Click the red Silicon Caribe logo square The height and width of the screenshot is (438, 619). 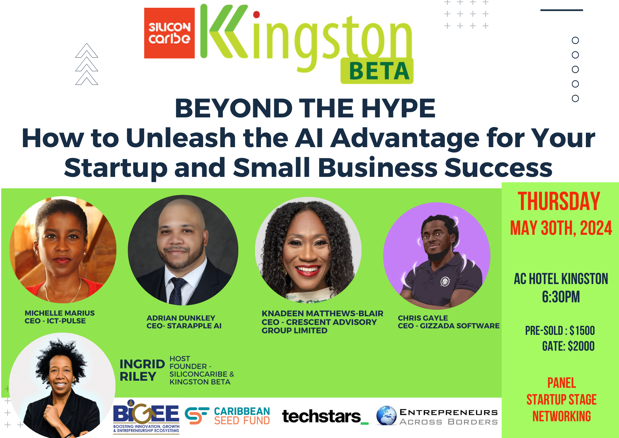click(169, 33)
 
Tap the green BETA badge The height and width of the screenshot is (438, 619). click(377, 71)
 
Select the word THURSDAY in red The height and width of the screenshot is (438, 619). click(559, 201)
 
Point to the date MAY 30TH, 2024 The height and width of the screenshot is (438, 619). click(561, 228)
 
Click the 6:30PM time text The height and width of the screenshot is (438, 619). click(561, 297)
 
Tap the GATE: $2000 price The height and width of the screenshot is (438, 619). click(568, 346)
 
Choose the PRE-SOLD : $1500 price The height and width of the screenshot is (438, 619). click(560, 331)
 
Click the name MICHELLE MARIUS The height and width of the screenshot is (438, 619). click(60, 313)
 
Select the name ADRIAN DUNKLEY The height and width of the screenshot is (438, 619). click(181, 318)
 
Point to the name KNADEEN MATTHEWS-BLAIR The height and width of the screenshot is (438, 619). click(322, 313)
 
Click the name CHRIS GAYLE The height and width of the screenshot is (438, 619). click(423, 318)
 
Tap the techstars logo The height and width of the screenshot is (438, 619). click(325, 416)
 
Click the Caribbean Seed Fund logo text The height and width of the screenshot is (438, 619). click(242, 416)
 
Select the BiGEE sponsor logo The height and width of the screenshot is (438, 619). click(146, 416)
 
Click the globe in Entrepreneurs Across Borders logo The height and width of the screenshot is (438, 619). click(387, 416)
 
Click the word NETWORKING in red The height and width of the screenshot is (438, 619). click(561, 416)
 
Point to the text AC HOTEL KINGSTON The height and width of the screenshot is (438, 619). click(561, 279)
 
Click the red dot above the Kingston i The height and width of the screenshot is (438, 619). click(256, 14)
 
